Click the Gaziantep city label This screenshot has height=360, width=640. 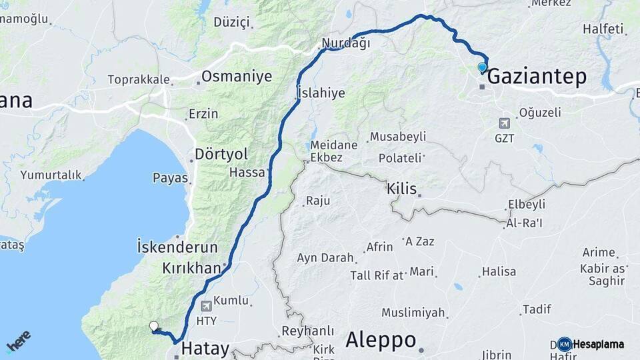click(x=537, y=77)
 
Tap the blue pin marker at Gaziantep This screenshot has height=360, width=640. click(x=482, y=67)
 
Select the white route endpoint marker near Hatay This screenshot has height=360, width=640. click(x=154, y=326)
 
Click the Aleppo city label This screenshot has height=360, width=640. click(x=380, y=340)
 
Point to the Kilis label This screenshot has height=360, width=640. click(x=402, y=189)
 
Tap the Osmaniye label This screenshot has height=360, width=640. click(x=237, y=77)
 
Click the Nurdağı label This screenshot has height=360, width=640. click(x=345, y=43)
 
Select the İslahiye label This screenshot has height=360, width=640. click(x=321, y=93)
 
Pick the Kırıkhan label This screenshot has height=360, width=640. click(x=191, y=268)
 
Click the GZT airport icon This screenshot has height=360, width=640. click(x=505, y=124)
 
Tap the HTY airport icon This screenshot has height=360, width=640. click(x=206, y=306)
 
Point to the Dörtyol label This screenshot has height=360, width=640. click(x=221, y=154)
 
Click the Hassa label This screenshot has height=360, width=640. click(x=247, y=173)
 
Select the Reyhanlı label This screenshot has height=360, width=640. click(x=307, y=331)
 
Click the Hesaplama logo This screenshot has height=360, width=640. click(x=591, y=344)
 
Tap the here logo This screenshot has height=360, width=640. click(x=18, y=341)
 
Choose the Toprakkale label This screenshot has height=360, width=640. click(x=139, y=80)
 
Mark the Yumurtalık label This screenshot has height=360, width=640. click(x=51, y=175)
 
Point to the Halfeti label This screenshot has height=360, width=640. click(x=603, y=29)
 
